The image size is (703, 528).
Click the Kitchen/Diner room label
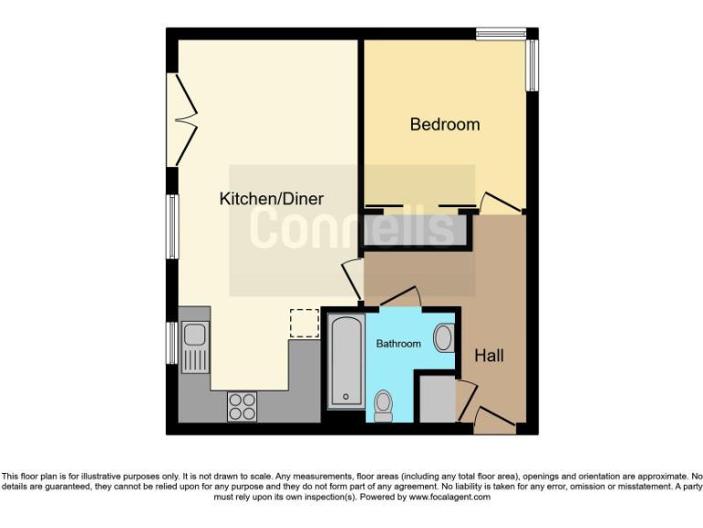pyautogui.click(x=272, y=198)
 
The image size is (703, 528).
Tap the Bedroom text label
pyautogui.click(x=444, y=125)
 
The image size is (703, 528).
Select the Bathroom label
pyautogui.click(x=398, y=344)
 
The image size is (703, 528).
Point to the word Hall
pyautogui.click(x=489, y=355)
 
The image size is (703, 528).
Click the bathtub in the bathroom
pyautogui.click(x=345, y=361)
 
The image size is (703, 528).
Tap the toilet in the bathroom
pyautogui.click(x=384, y=404)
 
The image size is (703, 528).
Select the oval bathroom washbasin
pyautogui.click(x=443, y=338)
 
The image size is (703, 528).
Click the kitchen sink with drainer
pyautogui.click(x=195, y=347)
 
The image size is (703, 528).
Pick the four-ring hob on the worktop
pyautogui.click(x=242, y=405)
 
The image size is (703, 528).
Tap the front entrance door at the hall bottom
pyautogui.click(x=494, y=421)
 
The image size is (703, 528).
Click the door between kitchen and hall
pyautogui.click(x=350, y=276)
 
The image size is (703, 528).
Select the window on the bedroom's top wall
pyautogui.click(x=501, y=34)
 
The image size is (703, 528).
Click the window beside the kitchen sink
pyautogui.click(x=171, y=342)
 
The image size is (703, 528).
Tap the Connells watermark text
pyautogui.click(x=351, y=227)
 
